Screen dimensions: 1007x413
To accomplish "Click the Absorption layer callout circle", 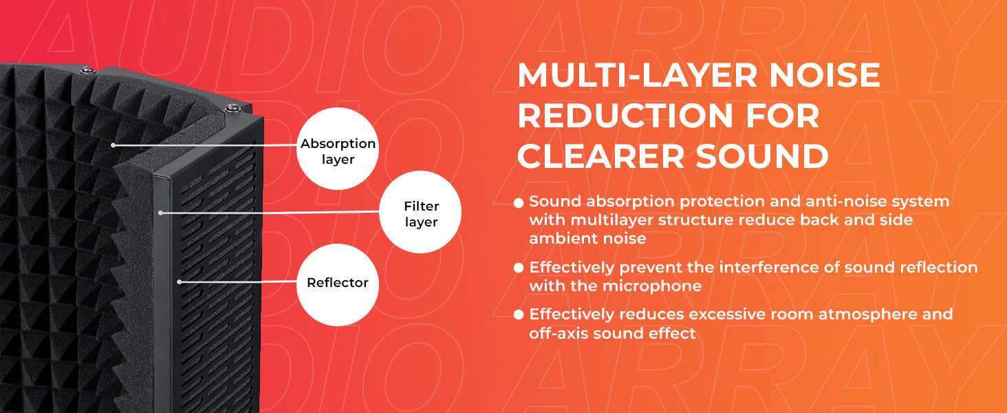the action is pyautogui.click(x=338, y=149).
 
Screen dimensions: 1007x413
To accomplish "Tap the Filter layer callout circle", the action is pyautogui.click(x=420, y=212).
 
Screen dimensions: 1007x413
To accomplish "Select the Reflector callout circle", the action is pyautogui.click(x=338, y=285).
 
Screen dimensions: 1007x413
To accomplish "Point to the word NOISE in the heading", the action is pyautogui.click(x=825, y=75).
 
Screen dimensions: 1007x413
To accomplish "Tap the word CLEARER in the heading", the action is pyautogui.click(x=601, y=156).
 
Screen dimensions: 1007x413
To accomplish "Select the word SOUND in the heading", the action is pyautogui.click(x=762, y=156).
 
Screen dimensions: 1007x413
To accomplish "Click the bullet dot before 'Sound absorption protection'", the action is pyautogui.click(x=519, y=203).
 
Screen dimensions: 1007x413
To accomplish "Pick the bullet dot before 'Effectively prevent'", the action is pyautogui.click(x=519, y=268).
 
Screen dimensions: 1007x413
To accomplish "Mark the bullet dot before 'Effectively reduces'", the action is pyautogui.click(x=519, y=315).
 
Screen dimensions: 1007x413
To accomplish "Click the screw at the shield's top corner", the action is pyautogui.click(x=232, y=109).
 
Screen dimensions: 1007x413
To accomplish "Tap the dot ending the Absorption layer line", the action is pyautogui.click(x=113, y=145).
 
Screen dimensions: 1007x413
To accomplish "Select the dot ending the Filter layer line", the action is pyautogui.click(x=160, y=213).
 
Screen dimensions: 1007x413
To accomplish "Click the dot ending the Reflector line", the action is pyautogui.click(x=179, y=282).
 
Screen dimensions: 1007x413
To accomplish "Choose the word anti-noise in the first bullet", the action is pyautogui.click(x=846, y=201).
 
